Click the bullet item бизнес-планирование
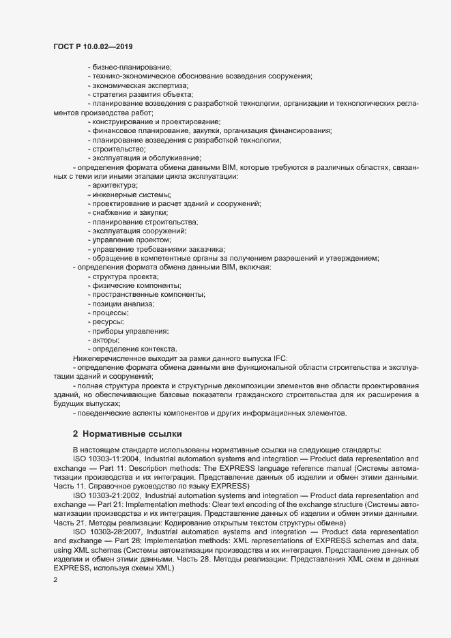tap(130, 66)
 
